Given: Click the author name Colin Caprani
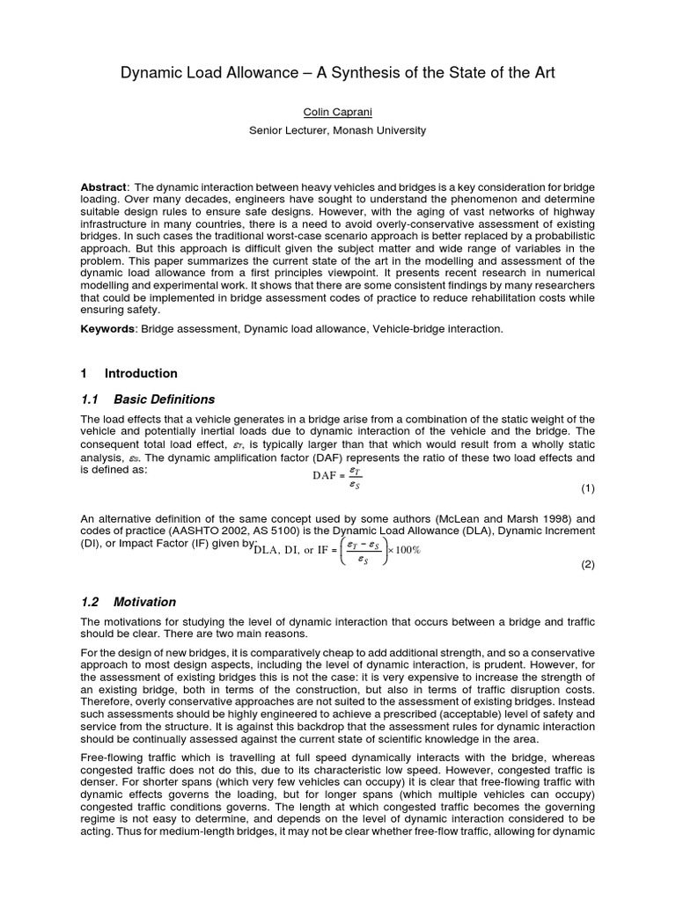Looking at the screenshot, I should [x=337, y=113].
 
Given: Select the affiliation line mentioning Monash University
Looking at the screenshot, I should [x=337, y=130].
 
